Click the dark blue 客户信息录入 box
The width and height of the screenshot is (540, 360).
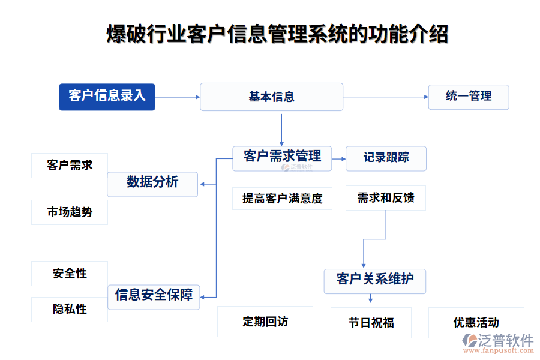click(x=107, y=97)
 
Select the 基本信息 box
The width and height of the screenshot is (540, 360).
click(x=271, y=97)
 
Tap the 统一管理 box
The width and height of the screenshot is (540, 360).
click(x=468, y=97)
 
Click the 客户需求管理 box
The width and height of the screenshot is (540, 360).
click(x=282, y=158)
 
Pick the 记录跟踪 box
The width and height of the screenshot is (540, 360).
click(x=386, y=158)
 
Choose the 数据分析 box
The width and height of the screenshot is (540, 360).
click(x=152, y=184)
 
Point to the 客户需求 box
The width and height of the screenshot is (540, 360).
click(x=70, y=166)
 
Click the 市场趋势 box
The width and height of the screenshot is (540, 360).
click(x=70, y=212)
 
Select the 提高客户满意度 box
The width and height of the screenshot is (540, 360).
click(x=282, y=199)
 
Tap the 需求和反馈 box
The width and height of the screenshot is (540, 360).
click(x=386, y=199)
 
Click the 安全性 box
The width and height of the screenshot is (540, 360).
click(x=70, y=274)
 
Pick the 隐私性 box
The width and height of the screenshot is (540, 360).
click(x=70, y=309)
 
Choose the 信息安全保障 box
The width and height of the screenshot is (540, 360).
click(x=154, y=296)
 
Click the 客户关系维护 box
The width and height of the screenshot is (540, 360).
click(x=374, y=280)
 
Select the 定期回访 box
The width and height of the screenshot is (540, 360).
click(x=265, y=322)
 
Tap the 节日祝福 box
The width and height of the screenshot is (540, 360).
click(x=371, y=323)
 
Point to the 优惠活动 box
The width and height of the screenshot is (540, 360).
click(x=476, y=323)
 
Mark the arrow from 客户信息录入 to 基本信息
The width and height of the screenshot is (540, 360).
click(x=177, y=97)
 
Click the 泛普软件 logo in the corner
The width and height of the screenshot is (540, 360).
click(x=497, y=343)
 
